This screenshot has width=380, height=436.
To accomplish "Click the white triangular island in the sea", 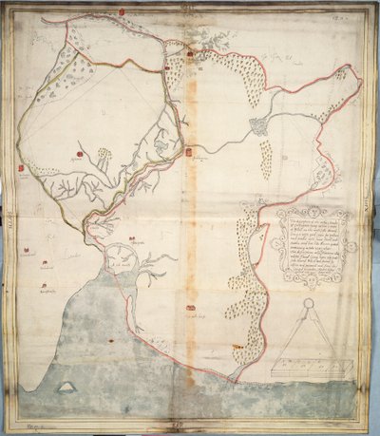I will (x=67, y=385).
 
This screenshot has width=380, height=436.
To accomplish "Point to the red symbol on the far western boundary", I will (x=21, y=169).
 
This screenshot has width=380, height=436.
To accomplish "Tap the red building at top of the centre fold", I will (x=190, y=54).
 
